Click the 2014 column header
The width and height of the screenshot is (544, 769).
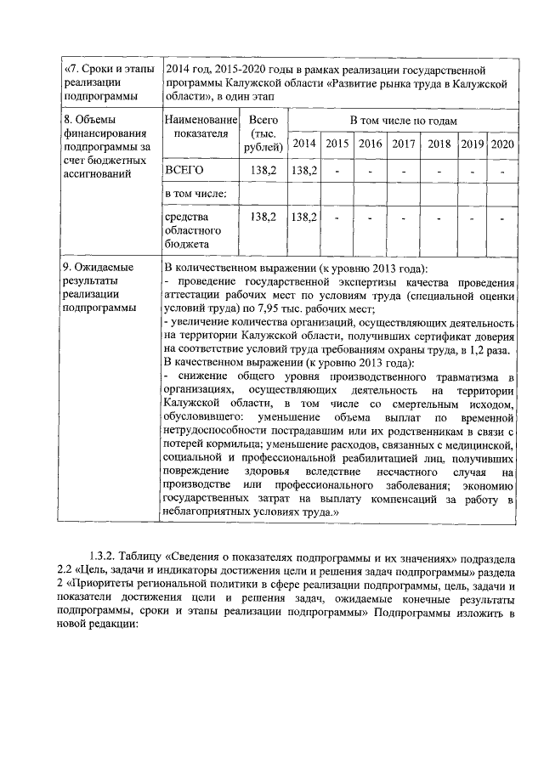click(304, 144)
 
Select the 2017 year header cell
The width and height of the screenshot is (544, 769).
click(404, 144)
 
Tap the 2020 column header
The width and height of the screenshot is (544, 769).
click(502, 144)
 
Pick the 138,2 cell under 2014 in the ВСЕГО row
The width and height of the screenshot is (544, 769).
click(304, 170)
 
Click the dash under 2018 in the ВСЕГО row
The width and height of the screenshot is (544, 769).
click(439, 170)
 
